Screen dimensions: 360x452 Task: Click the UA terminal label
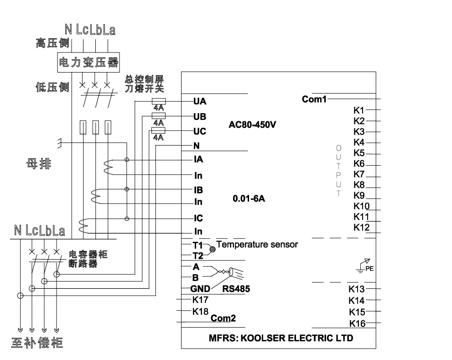[200, 102]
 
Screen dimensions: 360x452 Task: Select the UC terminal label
[200, 131]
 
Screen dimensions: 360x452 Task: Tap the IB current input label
[198, 189]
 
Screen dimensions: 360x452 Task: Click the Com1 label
[314, 99]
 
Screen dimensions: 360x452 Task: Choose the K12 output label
[361, 227]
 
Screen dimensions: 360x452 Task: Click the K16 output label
[358, 323]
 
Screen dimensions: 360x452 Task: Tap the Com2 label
[223, 318]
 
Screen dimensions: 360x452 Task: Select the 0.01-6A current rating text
[249, 199]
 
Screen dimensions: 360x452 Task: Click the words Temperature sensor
[257, 245]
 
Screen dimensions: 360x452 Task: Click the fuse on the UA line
[158, 102]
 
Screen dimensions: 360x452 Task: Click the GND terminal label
[200, 289]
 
